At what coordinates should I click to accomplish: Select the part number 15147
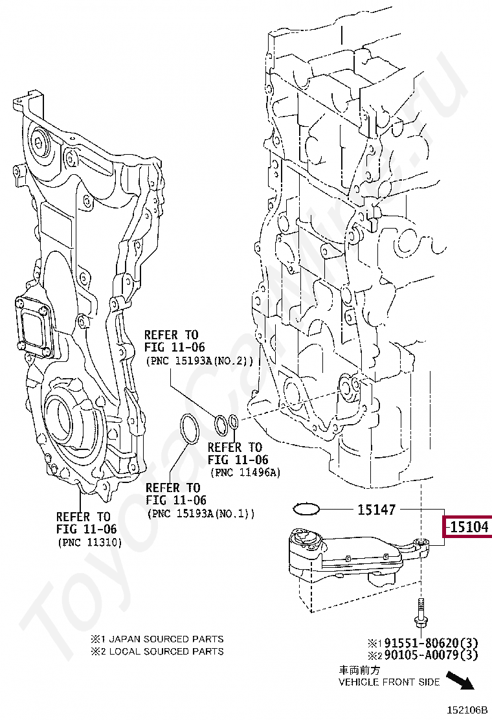376,510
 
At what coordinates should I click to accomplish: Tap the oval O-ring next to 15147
307,509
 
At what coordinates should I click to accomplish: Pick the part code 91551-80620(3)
427,644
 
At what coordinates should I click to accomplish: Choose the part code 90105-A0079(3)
427,656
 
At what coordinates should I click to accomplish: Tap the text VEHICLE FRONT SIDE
389,682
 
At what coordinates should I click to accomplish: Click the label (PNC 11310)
89,543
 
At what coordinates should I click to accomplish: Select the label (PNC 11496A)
245,473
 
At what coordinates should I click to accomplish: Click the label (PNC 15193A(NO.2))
199,361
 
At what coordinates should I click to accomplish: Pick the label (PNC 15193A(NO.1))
201,514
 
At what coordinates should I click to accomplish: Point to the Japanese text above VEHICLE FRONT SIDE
357,670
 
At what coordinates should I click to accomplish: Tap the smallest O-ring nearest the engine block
234,423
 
